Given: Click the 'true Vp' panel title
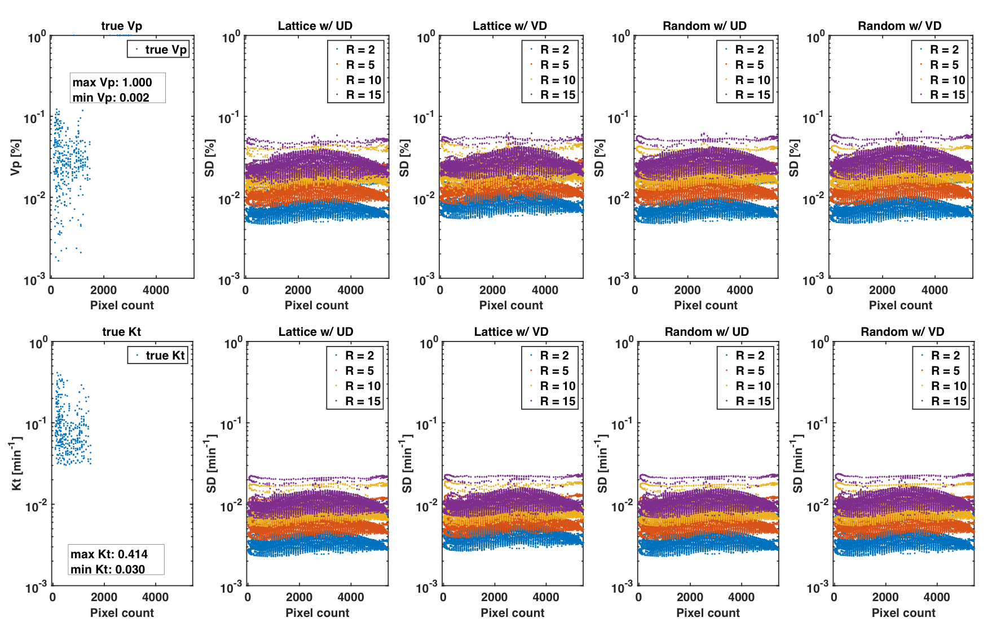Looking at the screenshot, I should tap(121, 26).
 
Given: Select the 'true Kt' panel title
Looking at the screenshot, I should tap(121, 332).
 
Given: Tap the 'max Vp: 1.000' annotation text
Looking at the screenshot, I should tap(112, 82).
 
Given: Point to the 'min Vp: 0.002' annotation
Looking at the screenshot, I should tap(111, 97).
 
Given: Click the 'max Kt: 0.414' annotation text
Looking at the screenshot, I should tap(109, 554).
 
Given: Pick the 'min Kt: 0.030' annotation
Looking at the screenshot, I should tap(108, 569).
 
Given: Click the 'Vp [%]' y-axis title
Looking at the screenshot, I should tap(16, 157).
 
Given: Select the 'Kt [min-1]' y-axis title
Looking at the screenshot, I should tap(16, 463).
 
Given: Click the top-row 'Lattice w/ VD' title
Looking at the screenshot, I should tap(510, 26).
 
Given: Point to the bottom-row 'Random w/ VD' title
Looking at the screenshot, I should tap(902, 332).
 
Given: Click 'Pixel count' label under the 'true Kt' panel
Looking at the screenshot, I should tap(122, 612).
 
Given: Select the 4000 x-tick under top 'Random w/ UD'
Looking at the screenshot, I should tap(740, 290).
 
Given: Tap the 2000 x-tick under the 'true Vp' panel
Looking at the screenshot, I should tap(104, 290).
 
